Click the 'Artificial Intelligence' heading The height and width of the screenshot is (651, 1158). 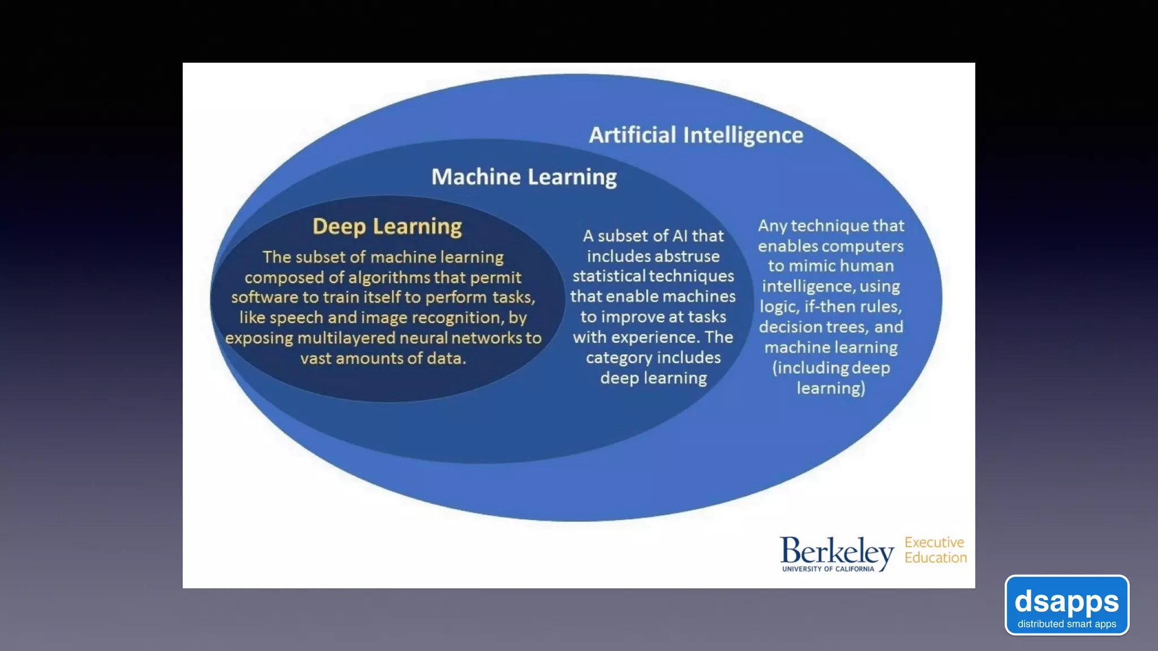[695, 135]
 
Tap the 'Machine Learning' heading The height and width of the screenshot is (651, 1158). [524, 177]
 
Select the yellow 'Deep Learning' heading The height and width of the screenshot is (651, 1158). [387, 226]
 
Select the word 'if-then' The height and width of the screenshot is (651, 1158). [831, 307]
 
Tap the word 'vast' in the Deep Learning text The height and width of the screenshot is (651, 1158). [316, 358]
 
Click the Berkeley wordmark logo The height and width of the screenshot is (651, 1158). [836, 550]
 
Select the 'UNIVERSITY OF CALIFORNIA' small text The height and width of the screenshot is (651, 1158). [828, 569]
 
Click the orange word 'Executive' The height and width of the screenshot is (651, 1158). [934, 542]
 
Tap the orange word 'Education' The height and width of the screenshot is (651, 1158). [936, 558]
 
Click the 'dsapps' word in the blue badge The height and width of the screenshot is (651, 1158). [1066, 601]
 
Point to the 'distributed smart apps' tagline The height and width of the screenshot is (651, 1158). [1066, 624]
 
